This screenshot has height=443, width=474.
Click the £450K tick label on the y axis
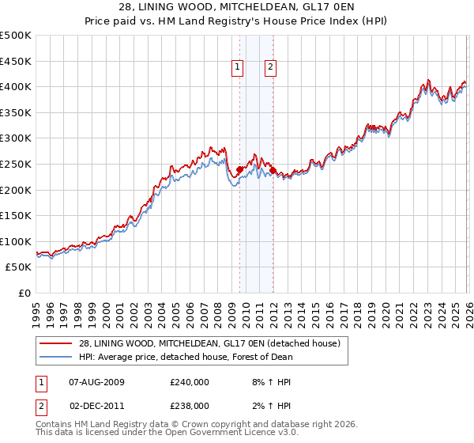pyautogui.click(x=16, y=61)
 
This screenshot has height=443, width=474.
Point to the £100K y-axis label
pyautogui.click(x=16, y=241)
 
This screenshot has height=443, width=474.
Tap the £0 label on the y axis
pyautogui.click(x=24, y=293)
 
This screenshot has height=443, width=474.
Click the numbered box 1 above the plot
pyautogui.click(x=238, y=68)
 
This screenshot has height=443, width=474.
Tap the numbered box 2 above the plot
pyautogui.click(x=270, y=68)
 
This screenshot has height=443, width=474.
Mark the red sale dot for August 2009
pyautogui.click(x=239, y=168)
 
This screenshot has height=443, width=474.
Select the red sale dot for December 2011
pyautogui.click(x=273, y=170)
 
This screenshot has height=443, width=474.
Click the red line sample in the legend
pyautogui.click(x=55, y=343)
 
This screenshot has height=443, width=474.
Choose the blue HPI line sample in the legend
pyautogui.click(x=55, y=357)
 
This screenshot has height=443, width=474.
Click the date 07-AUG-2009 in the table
pyautogui.click(x=96, y=382)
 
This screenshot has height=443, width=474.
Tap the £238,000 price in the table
pyautogui.click(x=190, y=405)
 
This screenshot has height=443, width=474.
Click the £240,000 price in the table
pyautogui.click(x=190, y=382)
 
